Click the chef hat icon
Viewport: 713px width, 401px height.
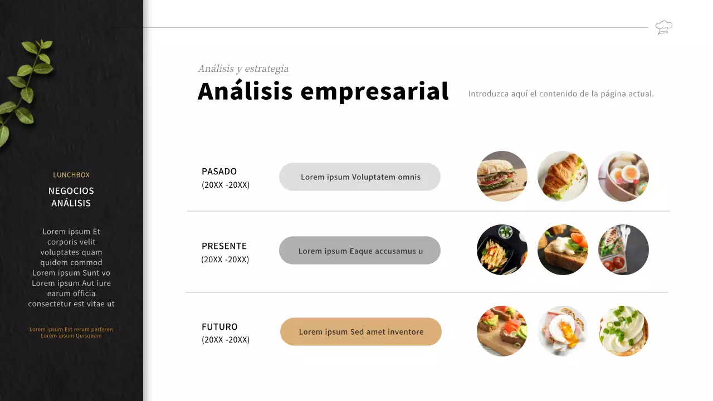point(663,27)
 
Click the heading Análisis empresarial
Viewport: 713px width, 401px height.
point(323,91)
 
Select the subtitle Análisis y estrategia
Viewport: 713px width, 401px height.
point(243,69)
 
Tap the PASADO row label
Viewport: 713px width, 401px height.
point(219,172)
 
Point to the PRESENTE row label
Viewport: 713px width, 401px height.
point(224,246)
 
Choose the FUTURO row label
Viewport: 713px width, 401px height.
point(219,327)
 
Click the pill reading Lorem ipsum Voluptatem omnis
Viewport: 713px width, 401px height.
point(360,177)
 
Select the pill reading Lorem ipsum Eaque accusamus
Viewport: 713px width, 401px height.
point(360,251)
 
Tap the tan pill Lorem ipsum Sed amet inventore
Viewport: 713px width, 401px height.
point(361,332)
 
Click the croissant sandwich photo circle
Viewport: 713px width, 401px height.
point(563,176)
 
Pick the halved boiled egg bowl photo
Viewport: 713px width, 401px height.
point(623,176)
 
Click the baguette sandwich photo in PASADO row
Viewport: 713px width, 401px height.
point(502,176)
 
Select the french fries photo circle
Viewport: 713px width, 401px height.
point(502,250)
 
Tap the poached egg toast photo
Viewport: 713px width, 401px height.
point(563,331)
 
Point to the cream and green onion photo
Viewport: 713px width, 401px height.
point(623,331)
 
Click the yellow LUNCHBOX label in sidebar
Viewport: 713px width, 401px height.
point(71,175)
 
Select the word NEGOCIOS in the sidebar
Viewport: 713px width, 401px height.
point(71,191)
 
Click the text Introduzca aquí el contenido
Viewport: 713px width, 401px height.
point(561,94)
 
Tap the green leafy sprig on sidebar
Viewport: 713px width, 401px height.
point(25,89)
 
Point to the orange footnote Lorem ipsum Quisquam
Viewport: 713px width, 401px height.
point(71,336)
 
